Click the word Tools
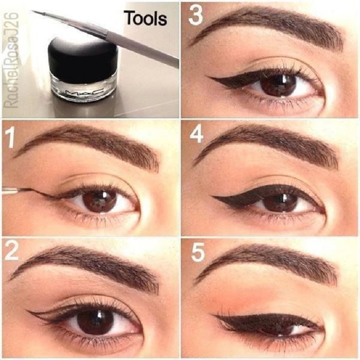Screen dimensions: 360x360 click(x=146, y=18)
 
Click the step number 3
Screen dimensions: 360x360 click(x=196, y=15)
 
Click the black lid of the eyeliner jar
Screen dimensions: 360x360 click(x=82, y=56)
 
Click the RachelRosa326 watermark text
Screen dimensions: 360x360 click(x=11, y=60)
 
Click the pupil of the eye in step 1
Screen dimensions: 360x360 click(x=99, y=202)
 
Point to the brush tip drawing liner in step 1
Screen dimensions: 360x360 click(x=20, y=189)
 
